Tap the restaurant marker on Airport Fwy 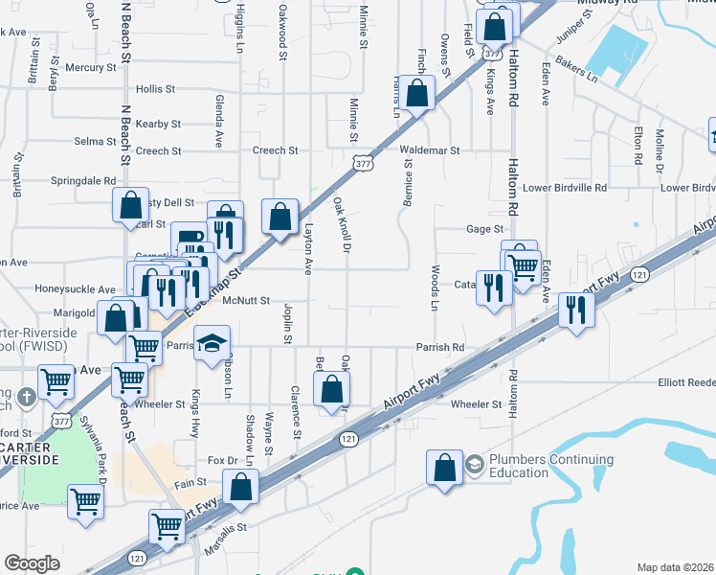pos(575,310)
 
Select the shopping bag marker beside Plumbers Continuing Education pos(445,468)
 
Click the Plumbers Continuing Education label pos(519,466)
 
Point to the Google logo pos(32,563)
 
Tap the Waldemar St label pos(430,150)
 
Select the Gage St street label pos(484,229)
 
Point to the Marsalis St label pos(225,528)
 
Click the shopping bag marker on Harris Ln pos(416,94)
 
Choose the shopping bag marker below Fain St pos(242,487)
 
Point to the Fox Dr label pos(221,459)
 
